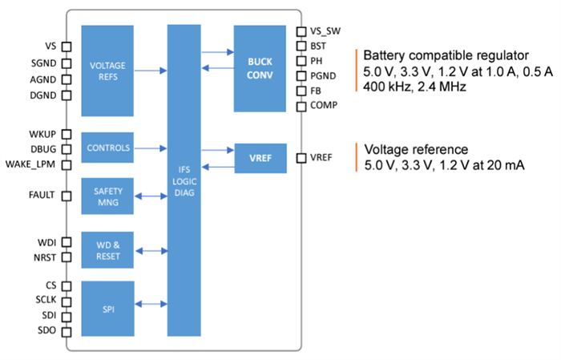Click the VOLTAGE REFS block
tap(107, 70)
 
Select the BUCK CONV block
tap(260, 68)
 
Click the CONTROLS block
tap(107, 148)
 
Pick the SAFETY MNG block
tap(107, 196)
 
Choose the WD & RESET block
tap(107, 251)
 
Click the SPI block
tap(107, 307)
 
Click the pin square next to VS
tap(67, 47)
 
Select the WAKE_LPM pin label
tap(31, 164)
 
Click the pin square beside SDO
tap(67, 331)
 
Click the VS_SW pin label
tap(325, 31)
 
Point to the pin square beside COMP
tap(301, 105)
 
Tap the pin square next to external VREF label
tap(301, 158)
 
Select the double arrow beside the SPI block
tap(150, 304)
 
